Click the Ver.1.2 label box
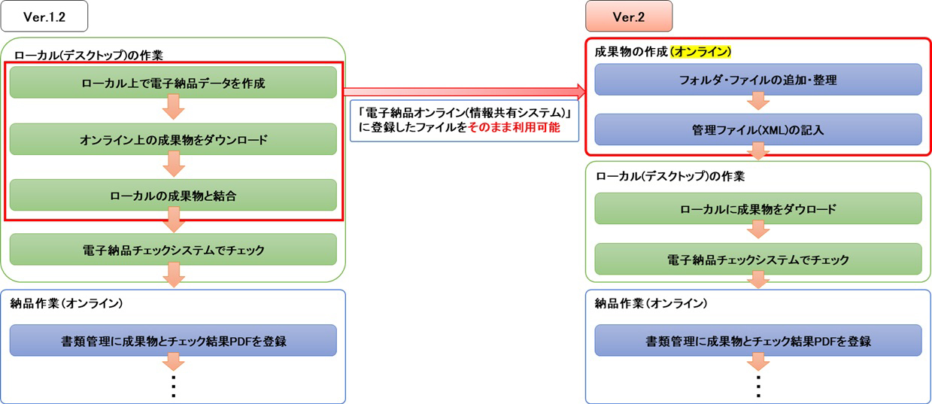(x=44, y=17)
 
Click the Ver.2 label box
(x=629, y=17)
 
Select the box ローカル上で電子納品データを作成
(x=173, y=83)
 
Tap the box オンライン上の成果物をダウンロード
(x=173, y=139)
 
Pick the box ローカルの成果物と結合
(x=173, y=195)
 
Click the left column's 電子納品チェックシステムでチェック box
(x=173, y=250)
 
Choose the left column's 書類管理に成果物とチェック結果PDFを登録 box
(x=173, y=340)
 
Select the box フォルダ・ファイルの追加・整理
(x=758, y=80)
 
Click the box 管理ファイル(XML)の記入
(x=758, y=129)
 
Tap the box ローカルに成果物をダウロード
(x=758, y=208)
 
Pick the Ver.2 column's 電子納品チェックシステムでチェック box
(x=758, y=260)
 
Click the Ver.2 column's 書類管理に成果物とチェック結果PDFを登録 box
(x=758, y=340)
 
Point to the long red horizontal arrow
(x=465, y=92)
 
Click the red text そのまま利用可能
(x=514, y=127)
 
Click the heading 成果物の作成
(x=631, y=52)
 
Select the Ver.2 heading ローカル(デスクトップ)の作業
(x=670, y=176)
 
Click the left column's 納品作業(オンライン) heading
(x=66, y=303)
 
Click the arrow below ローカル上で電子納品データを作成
(x=174, y=108)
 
